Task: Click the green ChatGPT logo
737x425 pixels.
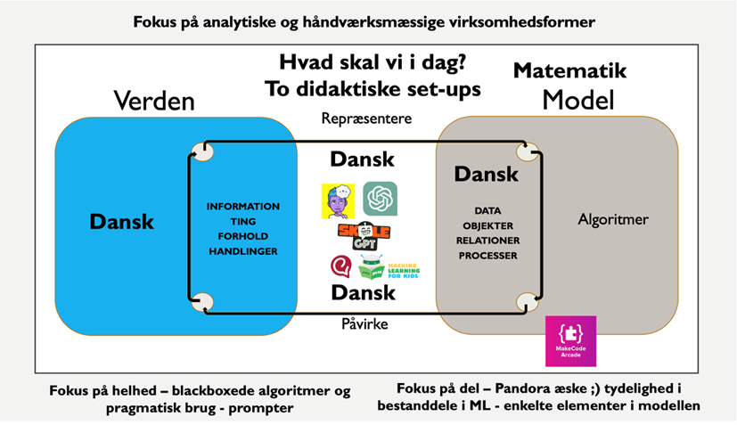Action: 380,199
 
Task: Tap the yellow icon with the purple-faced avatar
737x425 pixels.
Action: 338,200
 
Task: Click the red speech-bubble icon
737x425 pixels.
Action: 340,266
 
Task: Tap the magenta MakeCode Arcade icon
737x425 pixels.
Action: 570,341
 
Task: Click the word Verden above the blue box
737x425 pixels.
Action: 153,101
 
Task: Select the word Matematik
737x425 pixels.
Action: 570,70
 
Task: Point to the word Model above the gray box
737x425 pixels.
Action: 578,100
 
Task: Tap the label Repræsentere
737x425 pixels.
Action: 367,119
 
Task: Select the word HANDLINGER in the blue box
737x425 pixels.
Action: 242,251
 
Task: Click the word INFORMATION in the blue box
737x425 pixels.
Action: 242,206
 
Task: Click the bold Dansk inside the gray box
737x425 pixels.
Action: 487,174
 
